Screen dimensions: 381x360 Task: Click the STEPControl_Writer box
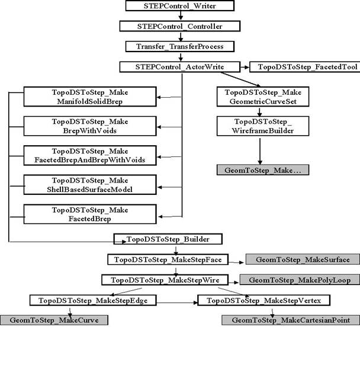pos(179,6)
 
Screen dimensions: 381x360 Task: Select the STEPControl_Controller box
pos(179,26)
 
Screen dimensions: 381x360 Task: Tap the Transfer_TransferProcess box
pos(179,46)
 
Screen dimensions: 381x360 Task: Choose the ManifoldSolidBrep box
pos(90,97)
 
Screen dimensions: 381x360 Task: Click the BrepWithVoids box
pos(90,126)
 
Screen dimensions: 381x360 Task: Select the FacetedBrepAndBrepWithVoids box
pos(90,155)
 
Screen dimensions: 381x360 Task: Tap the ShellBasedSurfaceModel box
pos(90,184)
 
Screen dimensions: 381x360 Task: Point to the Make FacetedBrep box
pos(90,213)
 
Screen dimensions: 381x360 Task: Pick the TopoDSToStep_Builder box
pos(169,239)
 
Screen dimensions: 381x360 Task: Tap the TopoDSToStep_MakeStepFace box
pos(168,260)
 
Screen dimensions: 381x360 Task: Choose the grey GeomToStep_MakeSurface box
pos(302,260)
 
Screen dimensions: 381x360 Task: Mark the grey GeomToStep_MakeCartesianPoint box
pos(290,320)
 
